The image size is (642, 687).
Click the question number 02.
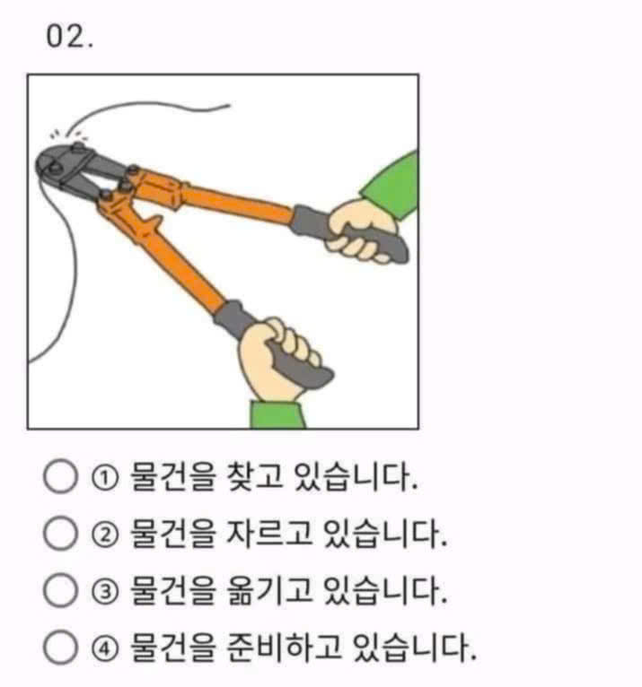(x=70, y=37)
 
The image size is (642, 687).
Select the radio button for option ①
(x=60, y=476)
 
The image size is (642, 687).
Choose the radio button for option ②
(x=60, y=533)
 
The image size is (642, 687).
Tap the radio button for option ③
(x=60, y=590)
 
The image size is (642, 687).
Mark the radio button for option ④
(x=60, y=647)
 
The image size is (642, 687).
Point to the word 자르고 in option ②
(x=269, y=534)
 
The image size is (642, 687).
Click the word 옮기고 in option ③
(x=269, y=590)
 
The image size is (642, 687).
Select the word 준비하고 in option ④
(x=284, y=648)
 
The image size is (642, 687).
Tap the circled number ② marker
(x=105, y=535)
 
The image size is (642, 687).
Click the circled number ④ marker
(x=105, y=648)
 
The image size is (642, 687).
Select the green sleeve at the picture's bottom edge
(x=277, y=414)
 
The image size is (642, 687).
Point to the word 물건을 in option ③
(x=173, y=590)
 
